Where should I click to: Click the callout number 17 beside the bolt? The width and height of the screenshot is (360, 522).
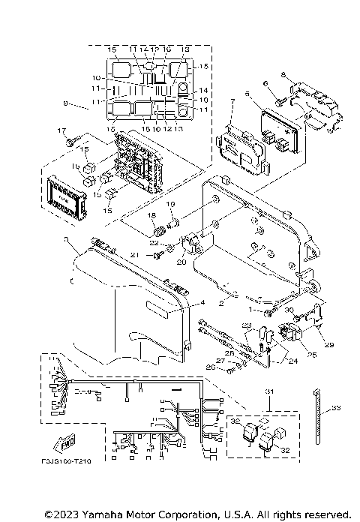click(63, 130)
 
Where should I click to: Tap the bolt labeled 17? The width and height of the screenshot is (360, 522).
click(71, 141)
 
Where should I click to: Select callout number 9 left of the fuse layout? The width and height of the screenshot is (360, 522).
click(66, 103)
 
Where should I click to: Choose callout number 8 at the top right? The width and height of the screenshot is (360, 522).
click(283, 75)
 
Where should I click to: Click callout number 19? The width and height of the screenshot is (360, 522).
click(169, 203)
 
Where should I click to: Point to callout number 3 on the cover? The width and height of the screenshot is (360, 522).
click(67, 239)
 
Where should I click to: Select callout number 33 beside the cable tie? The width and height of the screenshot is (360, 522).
click(335, 407)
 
